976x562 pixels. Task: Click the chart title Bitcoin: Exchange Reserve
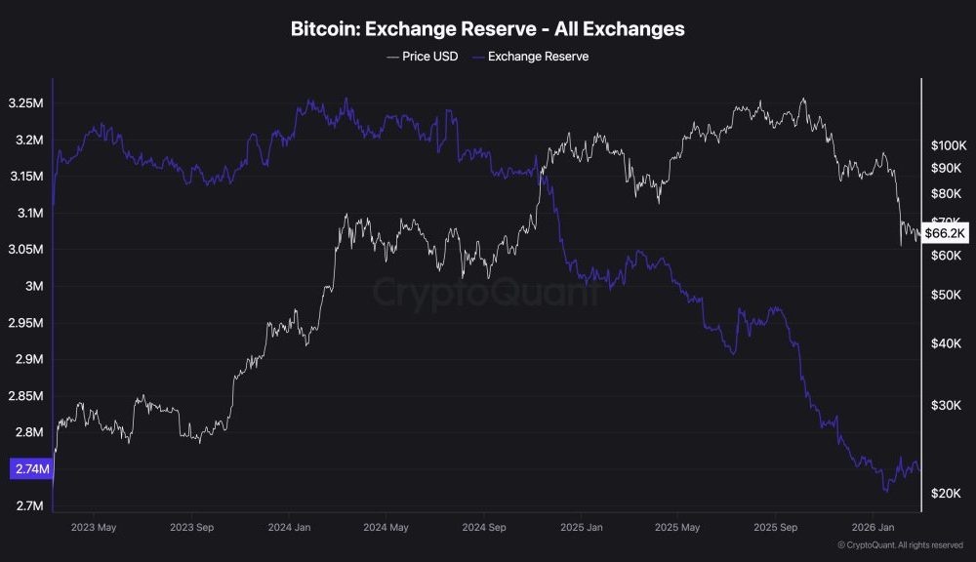coord(487,29)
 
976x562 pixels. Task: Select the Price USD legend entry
coord(425,57)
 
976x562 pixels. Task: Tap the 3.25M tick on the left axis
coord(26,103)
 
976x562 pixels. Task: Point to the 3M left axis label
coord(34,286)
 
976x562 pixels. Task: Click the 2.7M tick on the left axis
coord(29,505)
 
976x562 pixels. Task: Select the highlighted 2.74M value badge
coord(31,469)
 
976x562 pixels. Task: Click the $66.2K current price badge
coord(945,233)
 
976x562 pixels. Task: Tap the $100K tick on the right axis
coord(948,145)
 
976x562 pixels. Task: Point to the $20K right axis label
coord(948,495)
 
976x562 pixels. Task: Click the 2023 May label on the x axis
coord(94,528)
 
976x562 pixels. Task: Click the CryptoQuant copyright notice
coord(901,545)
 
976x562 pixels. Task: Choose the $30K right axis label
coord(948,405)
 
